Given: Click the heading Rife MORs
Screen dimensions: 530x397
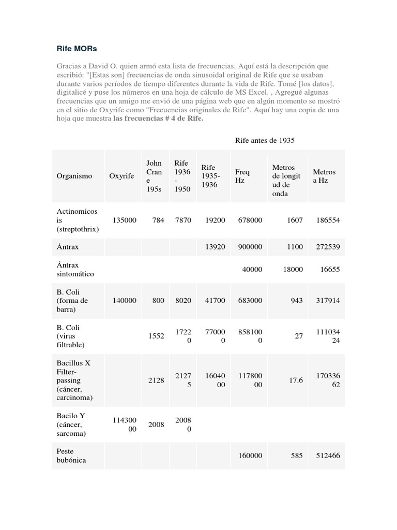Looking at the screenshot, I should tap(77, 49).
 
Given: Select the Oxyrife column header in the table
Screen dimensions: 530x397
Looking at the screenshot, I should tap(121, 176).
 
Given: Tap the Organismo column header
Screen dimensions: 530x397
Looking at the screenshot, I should tap(74, 176).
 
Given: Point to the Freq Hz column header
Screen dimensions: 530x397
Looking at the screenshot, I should tap(242, 176).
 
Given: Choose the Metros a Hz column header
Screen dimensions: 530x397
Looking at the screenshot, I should tap(324, 176).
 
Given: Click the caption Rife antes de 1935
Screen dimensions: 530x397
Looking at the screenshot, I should tap(265, 140).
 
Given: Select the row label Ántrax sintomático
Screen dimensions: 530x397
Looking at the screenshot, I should tap(75, 269).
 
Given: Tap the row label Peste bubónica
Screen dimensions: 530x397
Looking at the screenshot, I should tap(72, 455).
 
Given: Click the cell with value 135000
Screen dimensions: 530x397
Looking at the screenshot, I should tap(125, 220).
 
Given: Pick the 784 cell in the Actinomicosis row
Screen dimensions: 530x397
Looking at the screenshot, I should tap(158, 220).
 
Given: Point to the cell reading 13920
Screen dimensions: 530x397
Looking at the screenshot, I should tap(215, 247).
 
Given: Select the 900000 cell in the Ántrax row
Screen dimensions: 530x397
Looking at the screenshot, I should tap(250, 247).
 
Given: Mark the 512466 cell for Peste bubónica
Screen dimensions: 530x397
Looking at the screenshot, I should tap(328, 456).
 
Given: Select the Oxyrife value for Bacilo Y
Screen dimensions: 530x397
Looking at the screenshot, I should tap(125, 424).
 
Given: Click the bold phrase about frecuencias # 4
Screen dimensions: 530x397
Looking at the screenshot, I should tap(158, 118).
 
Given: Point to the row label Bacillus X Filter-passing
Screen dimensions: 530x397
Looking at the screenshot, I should tap(73, 380).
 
